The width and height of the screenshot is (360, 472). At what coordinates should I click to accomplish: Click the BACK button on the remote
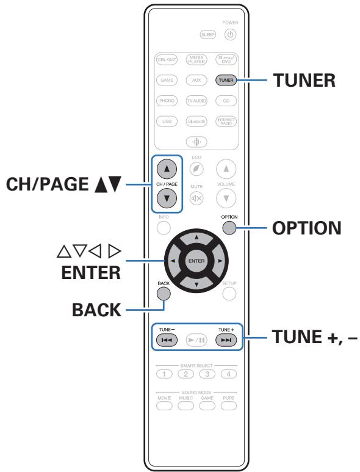pyautogui.click(x=164, y=292)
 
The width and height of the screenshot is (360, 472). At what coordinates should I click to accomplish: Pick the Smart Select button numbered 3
pyautogui.click(x=209, y=374)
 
